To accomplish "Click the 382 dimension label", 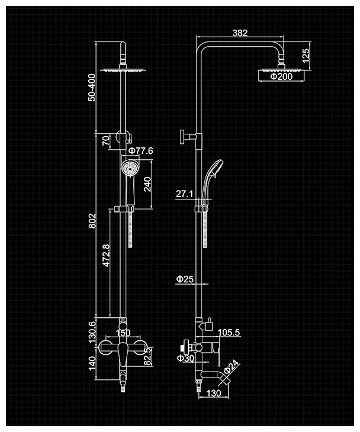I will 240,33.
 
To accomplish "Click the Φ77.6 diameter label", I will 140,151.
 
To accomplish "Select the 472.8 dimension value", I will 106,257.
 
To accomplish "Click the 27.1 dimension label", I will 184,194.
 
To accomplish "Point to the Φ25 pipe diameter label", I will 185,279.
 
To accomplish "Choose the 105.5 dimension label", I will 229,333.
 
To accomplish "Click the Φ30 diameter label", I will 185,357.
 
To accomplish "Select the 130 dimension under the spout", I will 214,392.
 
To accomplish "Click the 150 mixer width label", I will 123,333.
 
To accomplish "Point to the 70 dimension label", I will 106,140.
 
